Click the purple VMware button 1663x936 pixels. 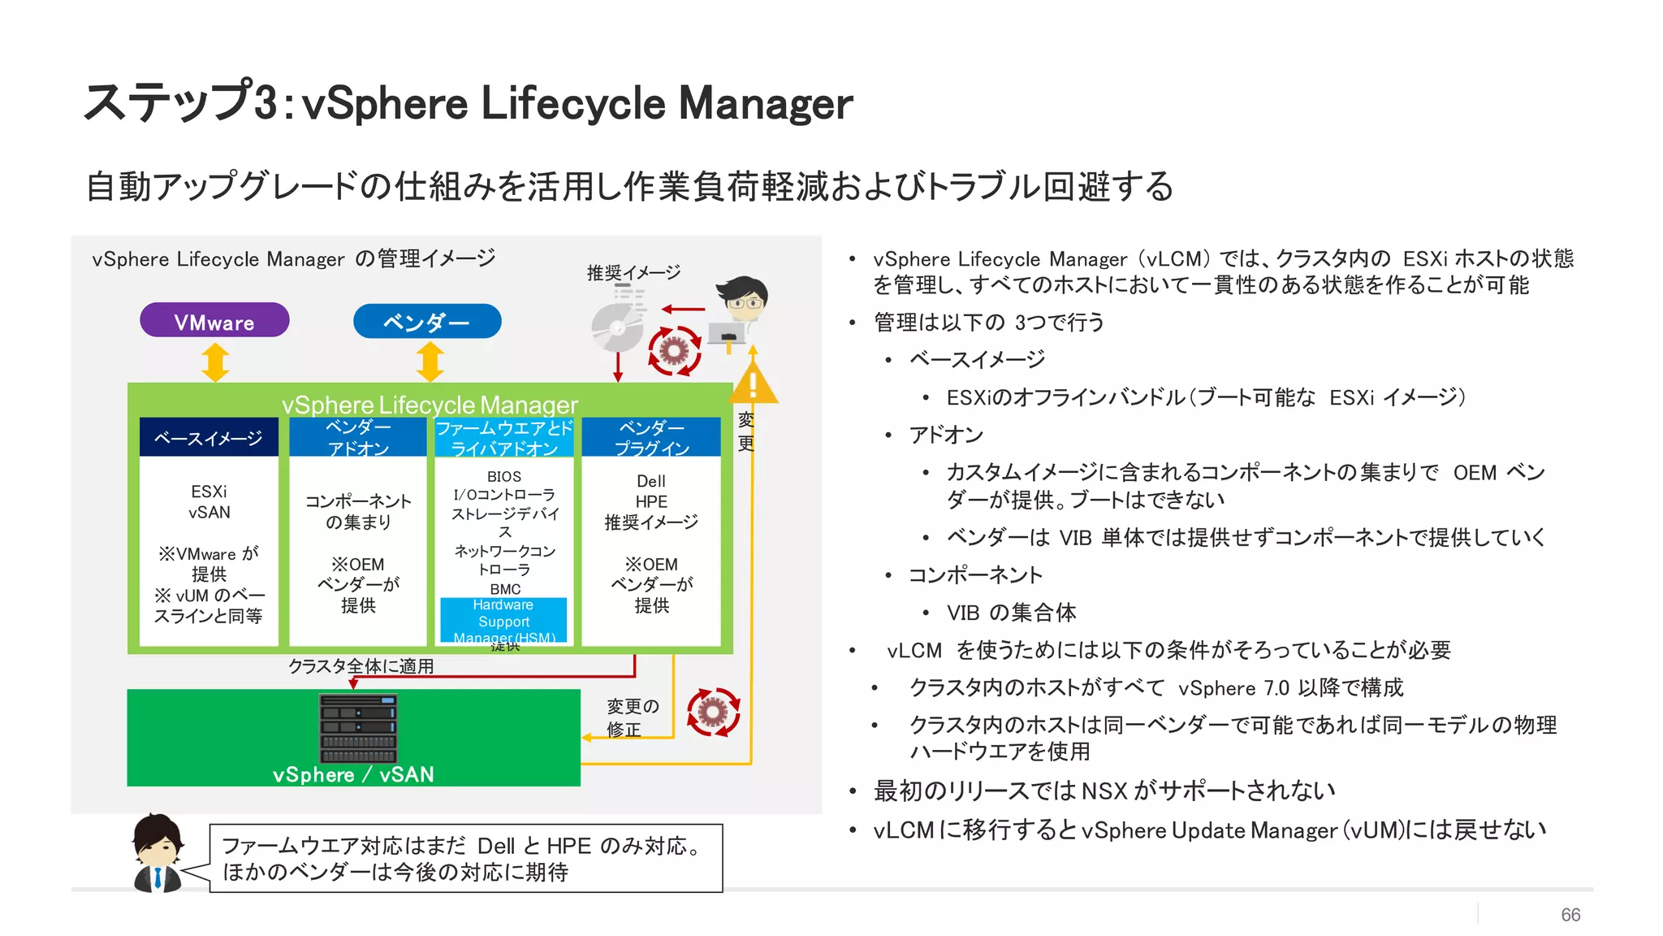[x=214, y=321]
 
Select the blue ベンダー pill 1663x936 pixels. [x=427, y=321]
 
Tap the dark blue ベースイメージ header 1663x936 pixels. [x=209, y=438]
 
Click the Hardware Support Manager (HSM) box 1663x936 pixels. [x=503, y=621]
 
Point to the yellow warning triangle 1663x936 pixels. [x=754, y=383]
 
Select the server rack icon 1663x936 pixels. [x=358, y=728]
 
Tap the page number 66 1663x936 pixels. [x=1570, y=915]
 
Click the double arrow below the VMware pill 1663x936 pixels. [x=215, y=362]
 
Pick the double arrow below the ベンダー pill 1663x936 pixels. [x=430, y=362]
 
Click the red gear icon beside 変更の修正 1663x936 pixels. [x=713, y=712]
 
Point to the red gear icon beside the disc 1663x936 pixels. [x=674, y=351]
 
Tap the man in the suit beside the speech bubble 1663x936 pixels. [x=158, y=853]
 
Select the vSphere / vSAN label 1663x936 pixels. [x=353, y=774]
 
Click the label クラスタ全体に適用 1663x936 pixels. [x=361, y=666]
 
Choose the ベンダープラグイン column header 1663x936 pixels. [x=651, y=438]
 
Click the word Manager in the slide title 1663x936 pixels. [x=765, y=103]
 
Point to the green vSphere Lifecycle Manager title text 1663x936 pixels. [x=430, y=404]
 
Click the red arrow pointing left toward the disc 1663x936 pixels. [x=684, y=309]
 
